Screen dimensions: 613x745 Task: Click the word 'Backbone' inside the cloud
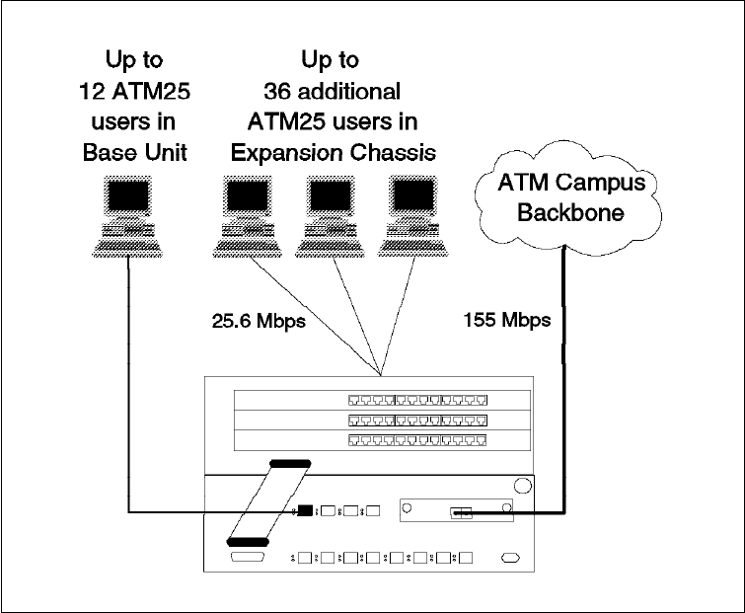[560, 211]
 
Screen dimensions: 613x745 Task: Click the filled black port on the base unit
[306, 511]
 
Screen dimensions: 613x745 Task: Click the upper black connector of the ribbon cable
[288, 462]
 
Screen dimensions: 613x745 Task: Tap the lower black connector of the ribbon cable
[248, 540]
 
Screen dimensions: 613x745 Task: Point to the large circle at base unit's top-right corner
[520, 486]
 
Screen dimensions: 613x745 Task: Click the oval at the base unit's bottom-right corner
[509, 559]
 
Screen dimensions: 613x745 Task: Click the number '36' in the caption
[278, 92]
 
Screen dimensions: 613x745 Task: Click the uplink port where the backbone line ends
[462, 511]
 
